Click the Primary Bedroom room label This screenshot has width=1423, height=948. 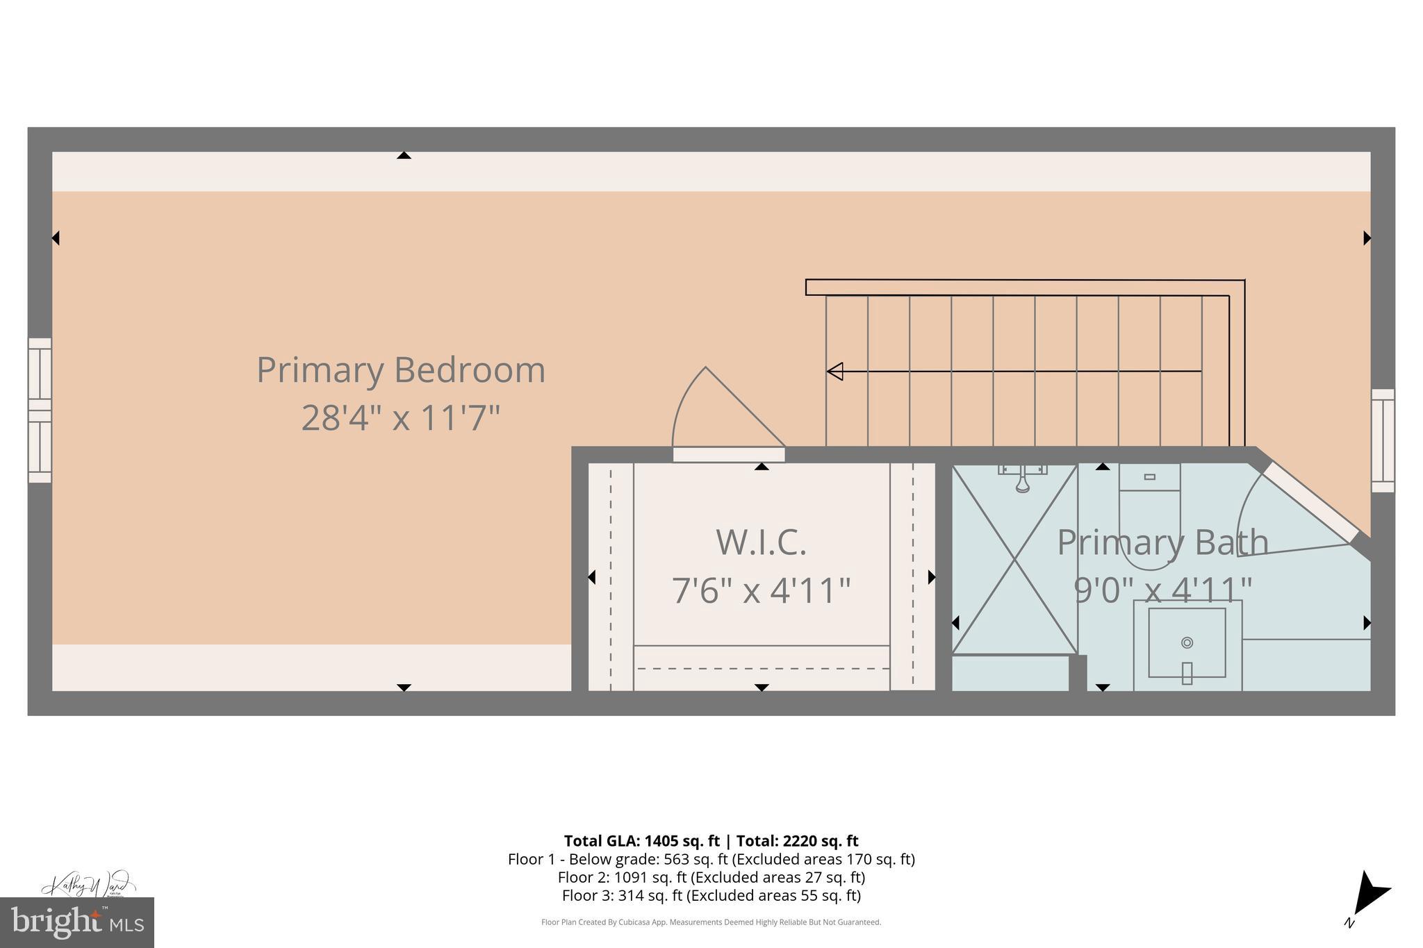click(401, 369)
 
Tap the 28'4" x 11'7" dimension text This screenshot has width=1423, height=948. click(401, 418)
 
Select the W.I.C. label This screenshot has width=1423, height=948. click(761, 542)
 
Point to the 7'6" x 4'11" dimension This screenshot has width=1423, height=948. click(761, 590)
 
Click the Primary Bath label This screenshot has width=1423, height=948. click(1162, 542)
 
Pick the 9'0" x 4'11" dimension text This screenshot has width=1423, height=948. click(1162, 590)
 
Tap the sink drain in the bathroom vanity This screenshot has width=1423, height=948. click(1187, 642)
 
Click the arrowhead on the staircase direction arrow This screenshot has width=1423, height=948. click(835, 372)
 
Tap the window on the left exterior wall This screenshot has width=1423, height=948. click(40, 410)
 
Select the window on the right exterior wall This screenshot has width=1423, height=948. click(1383, 440)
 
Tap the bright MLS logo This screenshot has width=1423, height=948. click(76, 922)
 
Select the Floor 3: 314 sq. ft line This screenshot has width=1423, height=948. click(711, 895)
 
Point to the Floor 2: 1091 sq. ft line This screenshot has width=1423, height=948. click(711, 877)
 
